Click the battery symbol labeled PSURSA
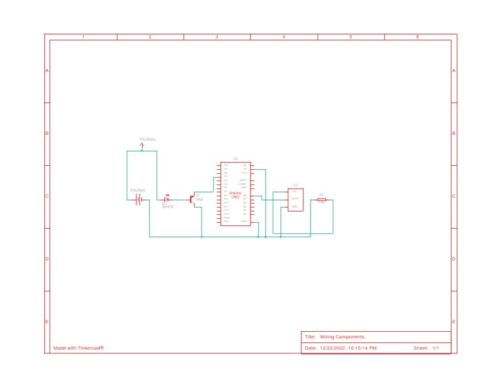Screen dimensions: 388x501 [x=139, y=199]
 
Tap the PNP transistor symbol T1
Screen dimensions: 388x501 [x=193, y=199]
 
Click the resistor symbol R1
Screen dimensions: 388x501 [x=322, y=199]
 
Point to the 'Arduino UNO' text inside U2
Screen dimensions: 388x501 [x=235, y=195]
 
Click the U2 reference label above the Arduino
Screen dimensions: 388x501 [x=235, y=159]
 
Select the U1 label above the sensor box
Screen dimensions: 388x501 [x=295, y=185]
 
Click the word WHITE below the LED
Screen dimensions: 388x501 [x=168, y=207]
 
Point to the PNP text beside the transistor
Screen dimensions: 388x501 [x=200, y=199]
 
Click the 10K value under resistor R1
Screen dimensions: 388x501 [x=322, y=203]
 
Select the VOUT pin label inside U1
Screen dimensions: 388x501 [x=295, y=199]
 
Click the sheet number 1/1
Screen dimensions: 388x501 [x=436, y=348]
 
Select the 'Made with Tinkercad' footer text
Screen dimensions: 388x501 [x=78, y=348]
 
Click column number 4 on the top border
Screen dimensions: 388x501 [x=284, y=37]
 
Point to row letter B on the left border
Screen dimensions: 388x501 [x=47, y=133]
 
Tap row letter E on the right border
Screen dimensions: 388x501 [x=454, y=322]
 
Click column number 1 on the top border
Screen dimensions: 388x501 [x=83, y=37]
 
